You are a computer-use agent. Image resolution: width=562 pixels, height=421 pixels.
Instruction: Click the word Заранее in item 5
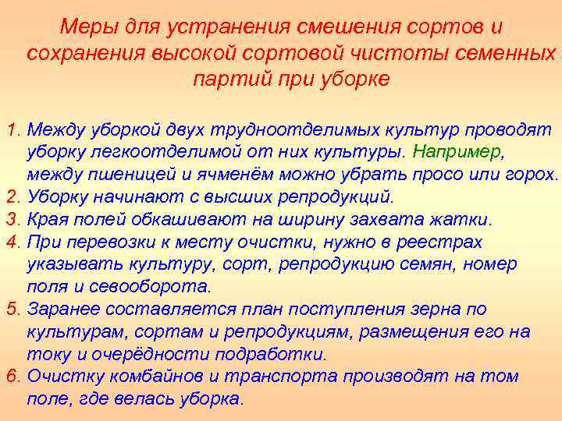pyautogui.click(x=60, y=309)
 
